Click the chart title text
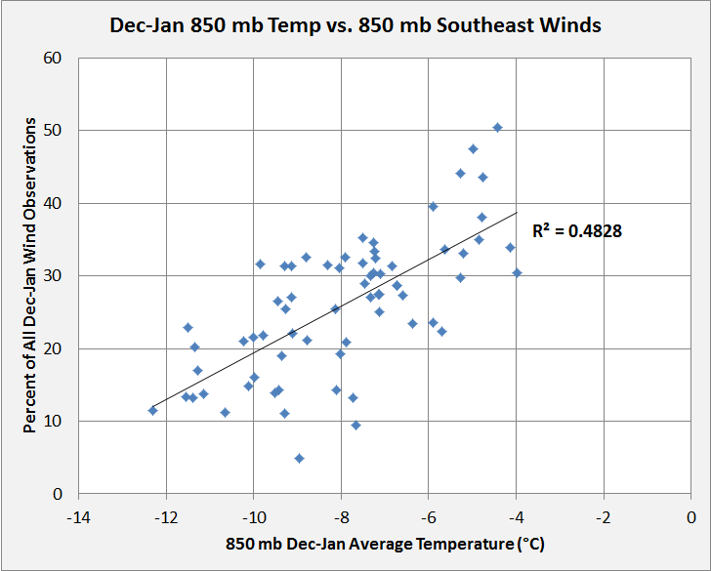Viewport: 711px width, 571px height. (355, 24)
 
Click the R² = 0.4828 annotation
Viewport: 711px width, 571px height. (577, 231)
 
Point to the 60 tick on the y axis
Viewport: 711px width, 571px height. (55, 58)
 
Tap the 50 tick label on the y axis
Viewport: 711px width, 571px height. (55, 131)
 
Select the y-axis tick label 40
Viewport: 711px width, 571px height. (55, 203)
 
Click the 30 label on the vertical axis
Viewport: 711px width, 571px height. (55, 276)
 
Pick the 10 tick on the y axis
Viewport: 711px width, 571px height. (55, 422)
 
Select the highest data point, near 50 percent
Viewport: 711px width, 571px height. (497, 128)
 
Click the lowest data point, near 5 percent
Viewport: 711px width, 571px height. (299, 458)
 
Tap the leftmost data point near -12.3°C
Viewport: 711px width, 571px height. (152, 410)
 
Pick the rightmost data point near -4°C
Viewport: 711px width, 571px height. (517, 273)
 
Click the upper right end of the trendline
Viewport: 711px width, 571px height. (517, 212)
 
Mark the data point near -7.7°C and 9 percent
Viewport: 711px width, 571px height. (355, 425)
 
